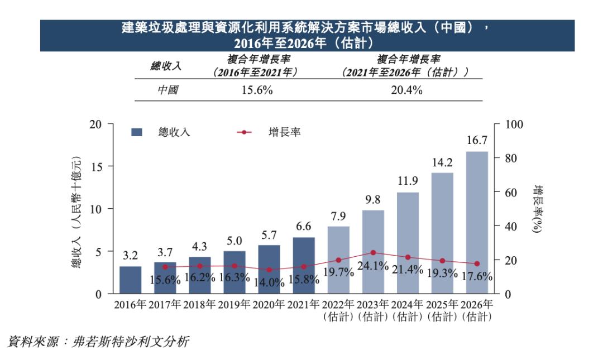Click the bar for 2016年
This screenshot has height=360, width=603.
[x=131, y=280]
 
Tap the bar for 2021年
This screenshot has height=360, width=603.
[x=304, y=265]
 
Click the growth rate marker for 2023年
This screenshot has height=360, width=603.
[x=373, y=252]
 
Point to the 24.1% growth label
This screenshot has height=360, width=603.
[x=373, y=266]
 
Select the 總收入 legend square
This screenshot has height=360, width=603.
[x=137, y=132]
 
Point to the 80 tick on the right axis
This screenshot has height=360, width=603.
[x=512, y=159]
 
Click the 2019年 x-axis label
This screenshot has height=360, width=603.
[x=234, y=305]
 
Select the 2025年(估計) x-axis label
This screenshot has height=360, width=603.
[x=442, y=310]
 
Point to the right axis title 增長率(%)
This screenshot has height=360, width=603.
[x=538, y=209]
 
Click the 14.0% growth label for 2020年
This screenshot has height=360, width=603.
[x=269, y=282]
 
